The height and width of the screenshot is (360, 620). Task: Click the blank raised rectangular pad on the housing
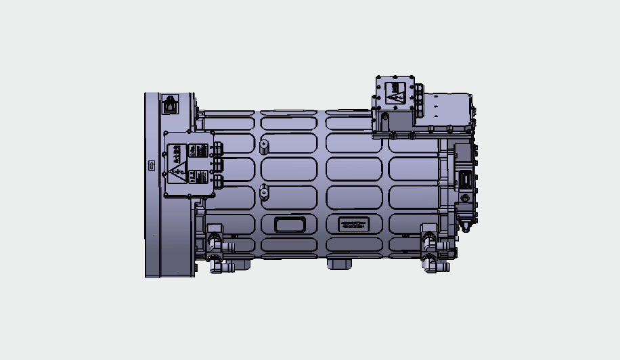[289, 224]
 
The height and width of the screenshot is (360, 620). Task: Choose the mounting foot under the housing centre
[339, 263]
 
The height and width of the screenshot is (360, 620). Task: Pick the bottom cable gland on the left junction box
[217, 181]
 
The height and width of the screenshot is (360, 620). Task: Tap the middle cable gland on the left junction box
[217, 164]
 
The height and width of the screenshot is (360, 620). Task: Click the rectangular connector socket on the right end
[466, 179]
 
